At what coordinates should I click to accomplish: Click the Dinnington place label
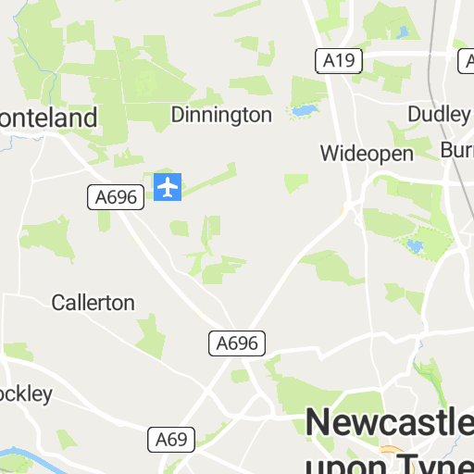(x=221, y=115)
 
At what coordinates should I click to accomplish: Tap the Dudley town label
(x=439, y=114)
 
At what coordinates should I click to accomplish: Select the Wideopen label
(x=367, y=153)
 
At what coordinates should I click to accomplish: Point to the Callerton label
(x=93, y=303)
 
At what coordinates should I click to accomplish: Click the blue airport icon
(x=168, y=187)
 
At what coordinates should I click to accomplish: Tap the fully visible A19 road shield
(x=339, y=61)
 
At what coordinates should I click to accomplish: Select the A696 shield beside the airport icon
(x=115, y=196)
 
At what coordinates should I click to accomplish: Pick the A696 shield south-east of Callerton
(x=236, y=343)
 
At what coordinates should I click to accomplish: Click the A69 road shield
(x=170, y=439)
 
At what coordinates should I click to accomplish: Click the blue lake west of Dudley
(x=303, y=111)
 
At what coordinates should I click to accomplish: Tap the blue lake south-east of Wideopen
(x=413, y=245)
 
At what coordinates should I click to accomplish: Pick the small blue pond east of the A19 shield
(x=402, y=33)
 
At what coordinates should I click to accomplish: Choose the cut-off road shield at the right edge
(x=466, y=61)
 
